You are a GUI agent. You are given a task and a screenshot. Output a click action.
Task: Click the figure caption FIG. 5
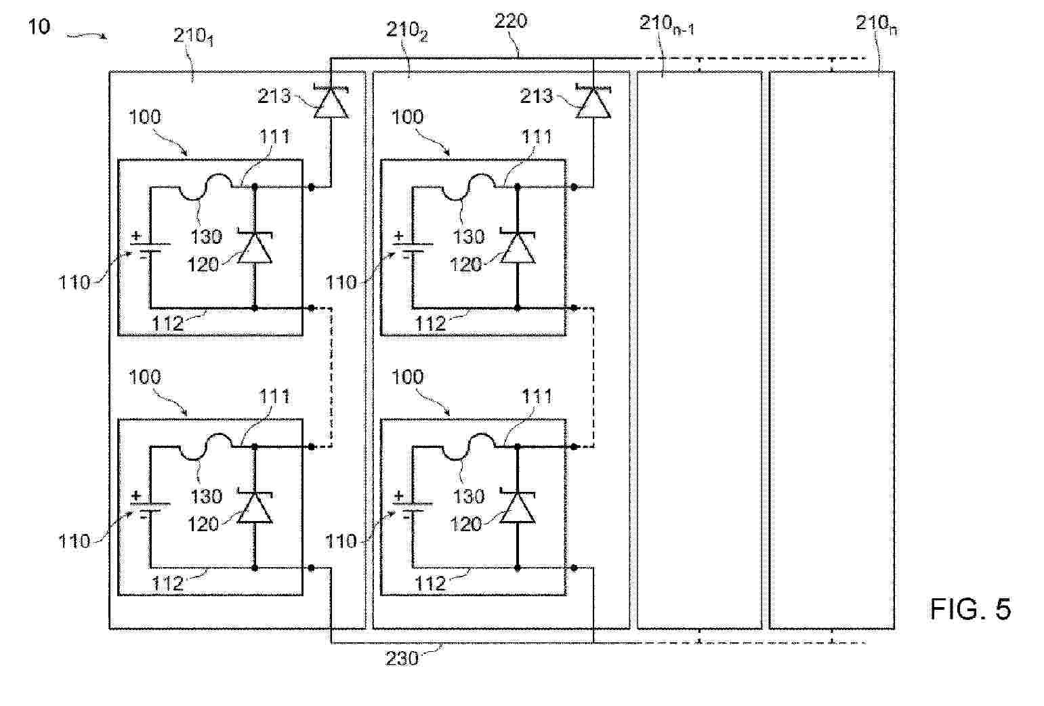[x=969, y=610]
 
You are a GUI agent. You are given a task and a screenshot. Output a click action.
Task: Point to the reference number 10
[x=39, y=27]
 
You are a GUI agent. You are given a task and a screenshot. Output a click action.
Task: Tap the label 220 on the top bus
[x=510, y=22]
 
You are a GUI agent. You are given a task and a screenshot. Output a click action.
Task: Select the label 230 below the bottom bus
[x=402, y=658]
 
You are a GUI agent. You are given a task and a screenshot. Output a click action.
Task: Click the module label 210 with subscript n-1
[x=667, y=26]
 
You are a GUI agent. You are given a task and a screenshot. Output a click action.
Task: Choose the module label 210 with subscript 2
[x=406, y=30]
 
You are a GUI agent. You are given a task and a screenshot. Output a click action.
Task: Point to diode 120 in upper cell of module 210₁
[x=255, y=247]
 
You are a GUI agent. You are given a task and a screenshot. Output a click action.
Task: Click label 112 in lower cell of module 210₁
[x=167, y=583]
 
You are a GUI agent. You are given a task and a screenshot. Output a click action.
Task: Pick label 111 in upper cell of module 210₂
[x=537, y=138]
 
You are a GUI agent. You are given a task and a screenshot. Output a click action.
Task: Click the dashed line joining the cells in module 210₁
[x=331, y=377]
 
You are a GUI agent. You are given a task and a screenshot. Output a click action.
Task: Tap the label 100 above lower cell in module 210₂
[x=407, y=377]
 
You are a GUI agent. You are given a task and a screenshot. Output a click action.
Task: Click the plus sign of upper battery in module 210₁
[x=136, y=236]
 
